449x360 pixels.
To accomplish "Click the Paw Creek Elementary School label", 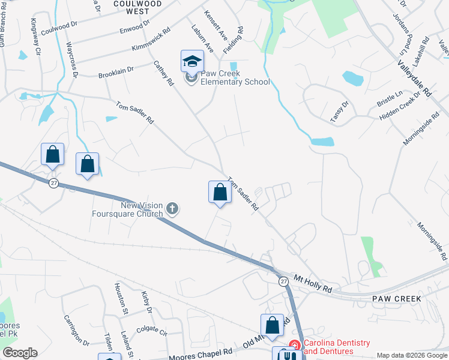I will (x=235, y=78).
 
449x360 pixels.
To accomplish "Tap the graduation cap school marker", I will (x=192, y=61).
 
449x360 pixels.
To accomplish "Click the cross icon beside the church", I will (x=172, y=209).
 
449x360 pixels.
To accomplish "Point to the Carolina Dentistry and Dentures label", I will (x=336, y=347).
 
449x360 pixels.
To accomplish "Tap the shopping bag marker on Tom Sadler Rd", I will (x=220, y=193).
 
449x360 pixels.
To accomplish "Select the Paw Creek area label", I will (x=397, y=299).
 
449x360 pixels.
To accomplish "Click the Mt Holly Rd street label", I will (x=313, y=284).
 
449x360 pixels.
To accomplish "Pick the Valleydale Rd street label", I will (x=414, y=78).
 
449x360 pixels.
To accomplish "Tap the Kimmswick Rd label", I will (x=149, y=39).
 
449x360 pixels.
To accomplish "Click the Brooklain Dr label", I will (x=116, y=73).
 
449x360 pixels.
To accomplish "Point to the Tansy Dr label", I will (x=340, y=112).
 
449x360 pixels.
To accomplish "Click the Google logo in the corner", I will (x=20, y=353).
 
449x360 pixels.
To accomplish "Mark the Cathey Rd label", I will (x=163, y=73).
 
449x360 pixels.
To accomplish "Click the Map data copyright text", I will (x=412, y=355).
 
